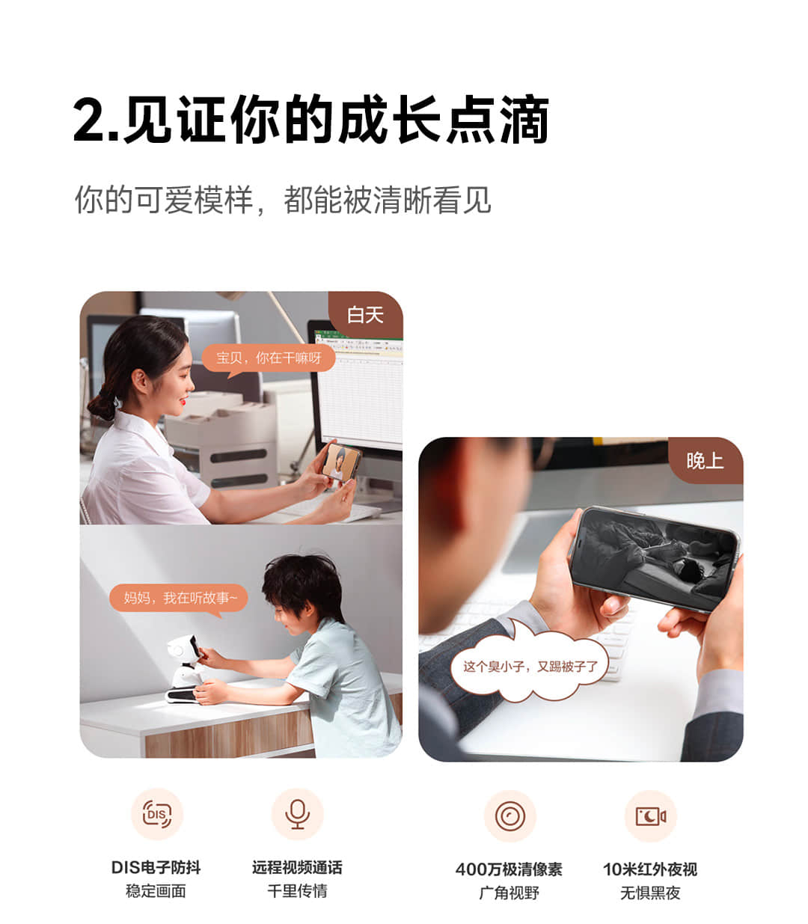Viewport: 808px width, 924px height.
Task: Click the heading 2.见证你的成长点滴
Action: click(310, 119)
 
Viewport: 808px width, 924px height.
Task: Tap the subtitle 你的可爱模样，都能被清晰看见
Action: click(283, 200)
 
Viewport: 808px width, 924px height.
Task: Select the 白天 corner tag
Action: click(365, 315)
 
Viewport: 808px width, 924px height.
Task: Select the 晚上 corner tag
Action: click(705, 461)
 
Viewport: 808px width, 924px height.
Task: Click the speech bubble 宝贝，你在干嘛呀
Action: click(269, 359)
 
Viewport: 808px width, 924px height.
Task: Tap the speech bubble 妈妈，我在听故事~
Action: click(179, 599)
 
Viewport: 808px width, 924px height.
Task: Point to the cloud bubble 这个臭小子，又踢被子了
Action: click(530, 666)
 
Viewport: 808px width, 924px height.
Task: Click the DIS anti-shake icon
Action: click(156, 814)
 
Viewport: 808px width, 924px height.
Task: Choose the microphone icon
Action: click(297, 814)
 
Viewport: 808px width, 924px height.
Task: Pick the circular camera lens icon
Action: click(510, 816)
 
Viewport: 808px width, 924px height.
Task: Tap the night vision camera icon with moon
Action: click(650, 816)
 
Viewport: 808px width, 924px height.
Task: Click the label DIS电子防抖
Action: click(156, 867)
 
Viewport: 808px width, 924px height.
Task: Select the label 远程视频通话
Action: click(297, 867)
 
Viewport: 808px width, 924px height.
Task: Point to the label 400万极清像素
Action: click(509, 869)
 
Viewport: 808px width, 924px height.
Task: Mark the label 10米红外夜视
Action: click(650, 869)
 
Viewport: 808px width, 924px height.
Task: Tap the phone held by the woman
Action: click(341, 462)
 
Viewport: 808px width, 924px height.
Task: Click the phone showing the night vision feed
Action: click(654, 559)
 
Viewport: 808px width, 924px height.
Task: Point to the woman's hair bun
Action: click(102, 403)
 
